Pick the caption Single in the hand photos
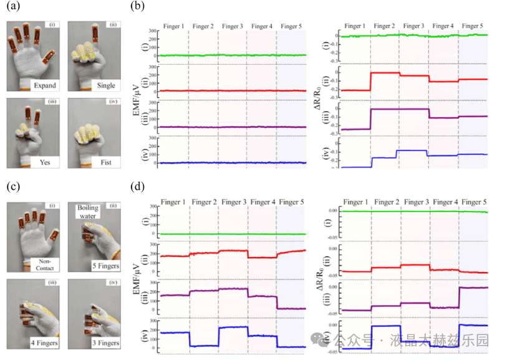point(104,85)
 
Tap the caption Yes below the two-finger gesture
point(44,162)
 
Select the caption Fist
point(105,162)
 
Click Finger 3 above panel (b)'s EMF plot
point(233,27)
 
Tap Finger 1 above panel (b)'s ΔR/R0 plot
point(357,26)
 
